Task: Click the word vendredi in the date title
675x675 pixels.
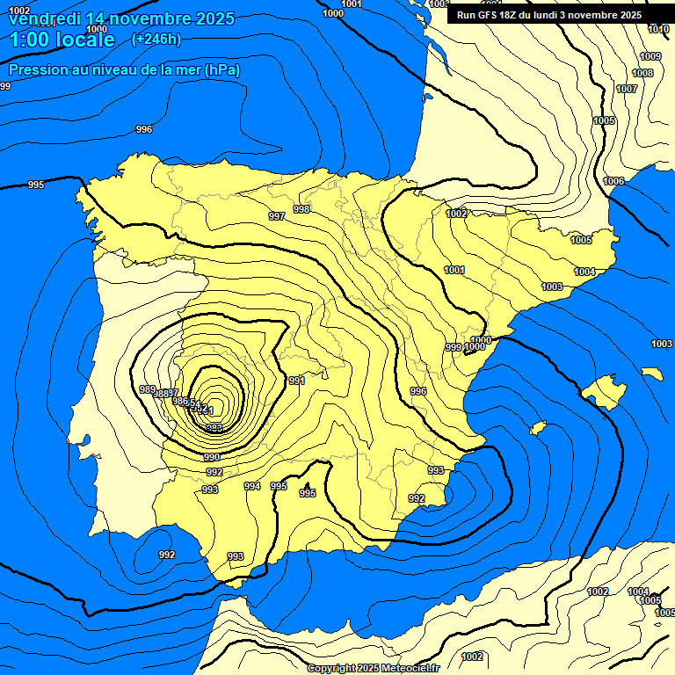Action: click(45, 18)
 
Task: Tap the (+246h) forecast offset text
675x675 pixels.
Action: click(156, 39)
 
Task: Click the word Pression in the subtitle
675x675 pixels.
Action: click(36, 69)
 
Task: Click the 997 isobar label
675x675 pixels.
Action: click(277, 216)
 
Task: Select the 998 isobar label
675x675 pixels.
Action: click(301, 209)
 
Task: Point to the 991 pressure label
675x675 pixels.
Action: click(296, 381)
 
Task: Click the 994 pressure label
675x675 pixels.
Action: click(252, 486)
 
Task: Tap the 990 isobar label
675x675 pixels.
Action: click(212, 457)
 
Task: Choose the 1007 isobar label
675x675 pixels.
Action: click(627, 89)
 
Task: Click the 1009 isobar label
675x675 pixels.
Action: click(650, 56)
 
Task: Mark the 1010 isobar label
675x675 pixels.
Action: click(658, 29)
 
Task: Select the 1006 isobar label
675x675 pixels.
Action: click(613, 181)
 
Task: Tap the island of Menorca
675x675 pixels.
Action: click(652, 374)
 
